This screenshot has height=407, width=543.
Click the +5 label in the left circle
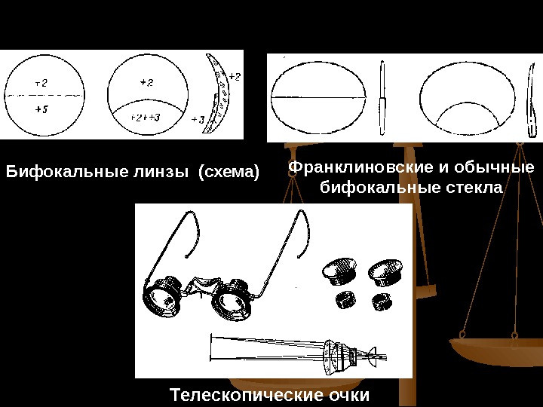click(x=41, y=109)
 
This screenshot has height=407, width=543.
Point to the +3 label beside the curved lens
click(x=197, y=120)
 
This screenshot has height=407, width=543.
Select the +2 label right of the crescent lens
click(x=235, y=77)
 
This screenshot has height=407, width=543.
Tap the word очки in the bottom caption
click(x=350, y=394)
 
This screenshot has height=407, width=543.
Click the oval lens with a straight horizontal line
click(x=318, y=98)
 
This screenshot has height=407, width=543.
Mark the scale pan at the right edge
click(x=495, y=350)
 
